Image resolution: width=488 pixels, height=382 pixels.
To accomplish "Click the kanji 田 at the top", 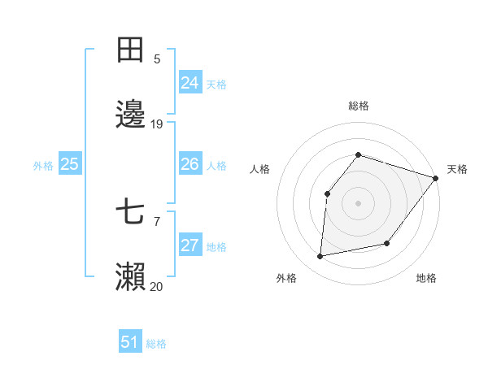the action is click(131, 50).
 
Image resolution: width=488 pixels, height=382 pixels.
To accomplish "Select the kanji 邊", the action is click(131, 115).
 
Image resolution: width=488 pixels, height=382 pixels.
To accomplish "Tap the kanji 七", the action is click(131, 213).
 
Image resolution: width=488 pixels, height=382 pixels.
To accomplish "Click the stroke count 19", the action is click(157, 124).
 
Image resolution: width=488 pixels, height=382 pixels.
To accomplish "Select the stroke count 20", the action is click(157, 286).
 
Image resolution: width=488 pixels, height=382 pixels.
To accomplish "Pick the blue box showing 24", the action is click(190, 83).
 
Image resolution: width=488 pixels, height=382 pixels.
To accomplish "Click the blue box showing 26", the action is click(190, 164).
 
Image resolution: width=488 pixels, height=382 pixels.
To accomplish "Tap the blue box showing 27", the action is click(190, 245).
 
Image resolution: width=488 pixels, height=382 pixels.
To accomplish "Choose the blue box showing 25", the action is click(69, 164).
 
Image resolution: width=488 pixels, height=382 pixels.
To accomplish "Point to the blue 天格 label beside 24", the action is click(216, 84).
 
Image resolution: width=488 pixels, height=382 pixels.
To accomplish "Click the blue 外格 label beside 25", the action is click(43, 165).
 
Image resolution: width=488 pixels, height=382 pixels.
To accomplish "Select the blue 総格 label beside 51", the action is click(156, 343).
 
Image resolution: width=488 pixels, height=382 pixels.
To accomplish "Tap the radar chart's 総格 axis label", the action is click(358, 106).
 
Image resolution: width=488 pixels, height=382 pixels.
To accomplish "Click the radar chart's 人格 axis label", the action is click(260, 169).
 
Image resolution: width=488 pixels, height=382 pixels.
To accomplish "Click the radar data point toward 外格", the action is click(320, 256).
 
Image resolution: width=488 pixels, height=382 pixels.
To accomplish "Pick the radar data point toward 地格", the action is click(387, 243).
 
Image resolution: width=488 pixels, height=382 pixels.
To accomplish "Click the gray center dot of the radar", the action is click(358, 203).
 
